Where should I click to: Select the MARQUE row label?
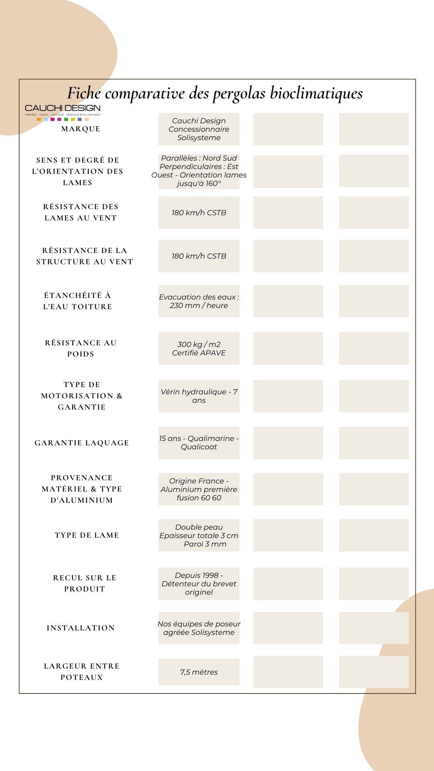click(81, 129)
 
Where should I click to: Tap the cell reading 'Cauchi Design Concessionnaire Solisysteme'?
click(199, 129)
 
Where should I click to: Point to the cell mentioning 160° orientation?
click(199, 171)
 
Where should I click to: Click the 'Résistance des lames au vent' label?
click(81, 212)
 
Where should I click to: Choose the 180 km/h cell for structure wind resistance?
click(199, 256)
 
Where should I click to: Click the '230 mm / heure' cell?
click(199, 301)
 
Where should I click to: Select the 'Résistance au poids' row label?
click(81, 348)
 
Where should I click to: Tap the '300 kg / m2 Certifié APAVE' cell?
click(199, 349)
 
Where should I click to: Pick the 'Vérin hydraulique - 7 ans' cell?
click(199, 396)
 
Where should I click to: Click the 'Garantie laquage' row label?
click(82, 443)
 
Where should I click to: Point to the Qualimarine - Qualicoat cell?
click(199, 443)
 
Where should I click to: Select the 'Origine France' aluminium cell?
click(199, 489)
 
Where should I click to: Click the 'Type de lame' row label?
click(87, 535)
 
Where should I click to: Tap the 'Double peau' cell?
click(199, 535)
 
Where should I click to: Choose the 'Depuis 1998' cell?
click(199, 584)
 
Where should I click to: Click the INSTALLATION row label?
click(81, 628)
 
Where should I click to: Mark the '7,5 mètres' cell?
click(199, 672)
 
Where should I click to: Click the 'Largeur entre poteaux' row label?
click(82, 671)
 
